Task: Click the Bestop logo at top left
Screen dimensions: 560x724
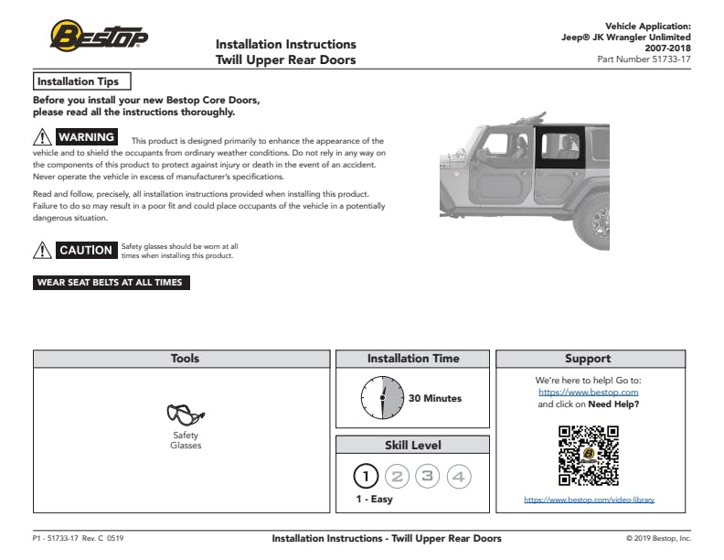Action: coord(98,36)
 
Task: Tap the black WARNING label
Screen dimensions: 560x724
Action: coord(86,137)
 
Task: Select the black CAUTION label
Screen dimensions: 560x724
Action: coord(86,250)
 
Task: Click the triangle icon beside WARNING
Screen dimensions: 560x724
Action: coord(43,137)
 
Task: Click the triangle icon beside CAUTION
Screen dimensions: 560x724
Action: coord(43,250)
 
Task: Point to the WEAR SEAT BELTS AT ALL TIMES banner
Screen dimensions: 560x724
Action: coord(111,283)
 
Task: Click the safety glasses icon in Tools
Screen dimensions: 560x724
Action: coord(185,415)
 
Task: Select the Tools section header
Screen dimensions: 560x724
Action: coord(185,359)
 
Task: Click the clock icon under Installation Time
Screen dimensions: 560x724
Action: coord(382,398)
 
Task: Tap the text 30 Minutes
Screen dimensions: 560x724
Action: coord(434,398)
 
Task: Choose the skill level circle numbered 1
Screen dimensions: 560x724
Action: coord(366,476)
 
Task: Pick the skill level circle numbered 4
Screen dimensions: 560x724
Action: coord(459,476)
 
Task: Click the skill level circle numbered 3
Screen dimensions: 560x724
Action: coord(428,476)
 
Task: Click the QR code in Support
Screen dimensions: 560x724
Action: coord(589,455)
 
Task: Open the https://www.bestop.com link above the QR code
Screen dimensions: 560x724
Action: coord(589,392)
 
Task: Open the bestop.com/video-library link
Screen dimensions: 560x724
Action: coord(589,500)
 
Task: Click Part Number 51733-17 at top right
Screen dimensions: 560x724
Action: coord(644,59)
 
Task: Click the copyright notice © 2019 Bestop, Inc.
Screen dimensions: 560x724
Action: coord(658,538)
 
